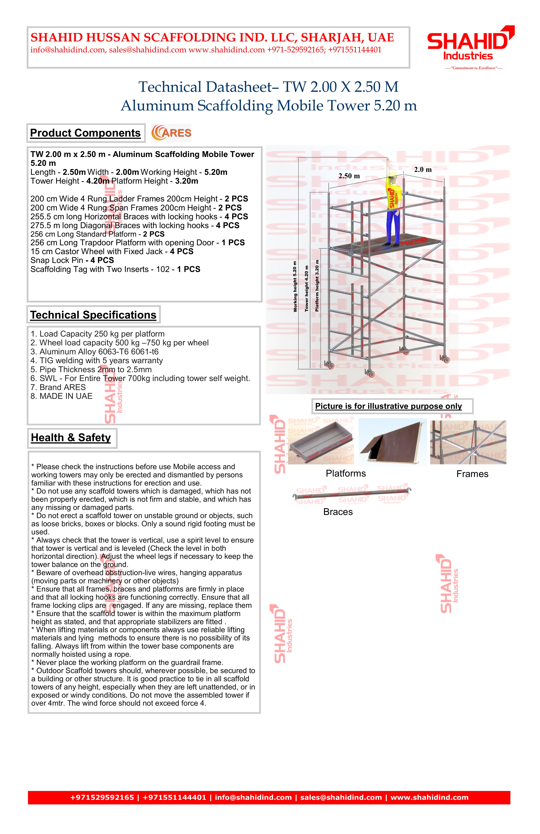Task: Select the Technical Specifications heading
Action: click(93, 315)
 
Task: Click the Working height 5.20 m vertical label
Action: click(295, 287)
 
